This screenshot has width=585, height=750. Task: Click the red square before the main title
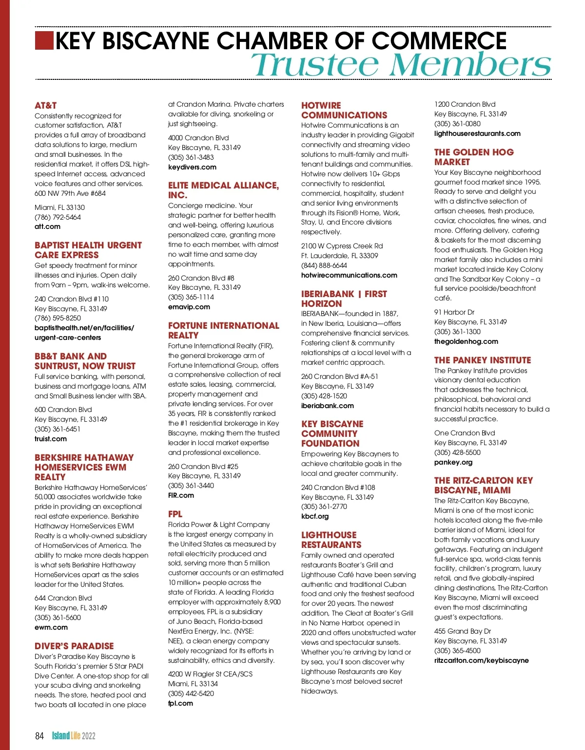click(44, 40)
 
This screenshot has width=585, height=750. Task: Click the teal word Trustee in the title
click(316, 65)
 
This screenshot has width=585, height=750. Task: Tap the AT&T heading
click(46, 105)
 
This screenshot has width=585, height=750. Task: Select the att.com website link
click(48, 226)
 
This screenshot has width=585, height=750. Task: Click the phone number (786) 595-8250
click(58, 318)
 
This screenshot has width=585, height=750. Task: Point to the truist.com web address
click(51, 439)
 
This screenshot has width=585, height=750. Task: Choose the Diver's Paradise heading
click(74, 646)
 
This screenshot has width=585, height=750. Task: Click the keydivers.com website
click(192, 167)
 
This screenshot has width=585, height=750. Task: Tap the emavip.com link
click(189, 307)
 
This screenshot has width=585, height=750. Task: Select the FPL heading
click(175, 514)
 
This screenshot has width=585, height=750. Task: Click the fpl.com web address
click(180, 703)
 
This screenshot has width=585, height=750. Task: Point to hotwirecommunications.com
click(349, 275)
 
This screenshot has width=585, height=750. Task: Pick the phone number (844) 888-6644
click(324, 265)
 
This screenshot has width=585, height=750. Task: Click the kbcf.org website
click(315, 516)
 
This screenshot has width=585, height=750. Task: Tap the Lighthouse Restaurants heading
click(331, 540)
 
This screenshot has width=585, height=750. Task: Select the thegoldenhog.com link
click(466, 341)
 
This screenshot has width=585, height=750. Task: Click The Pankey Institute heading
click(483, 360)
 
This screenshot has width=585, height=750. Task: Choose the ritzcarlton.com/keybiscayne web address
click(481, 660)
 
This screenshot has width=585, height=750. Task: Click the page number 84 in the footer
click(39, 736)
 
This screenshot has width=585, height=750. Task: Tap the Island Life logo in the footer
click(74, 736)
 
